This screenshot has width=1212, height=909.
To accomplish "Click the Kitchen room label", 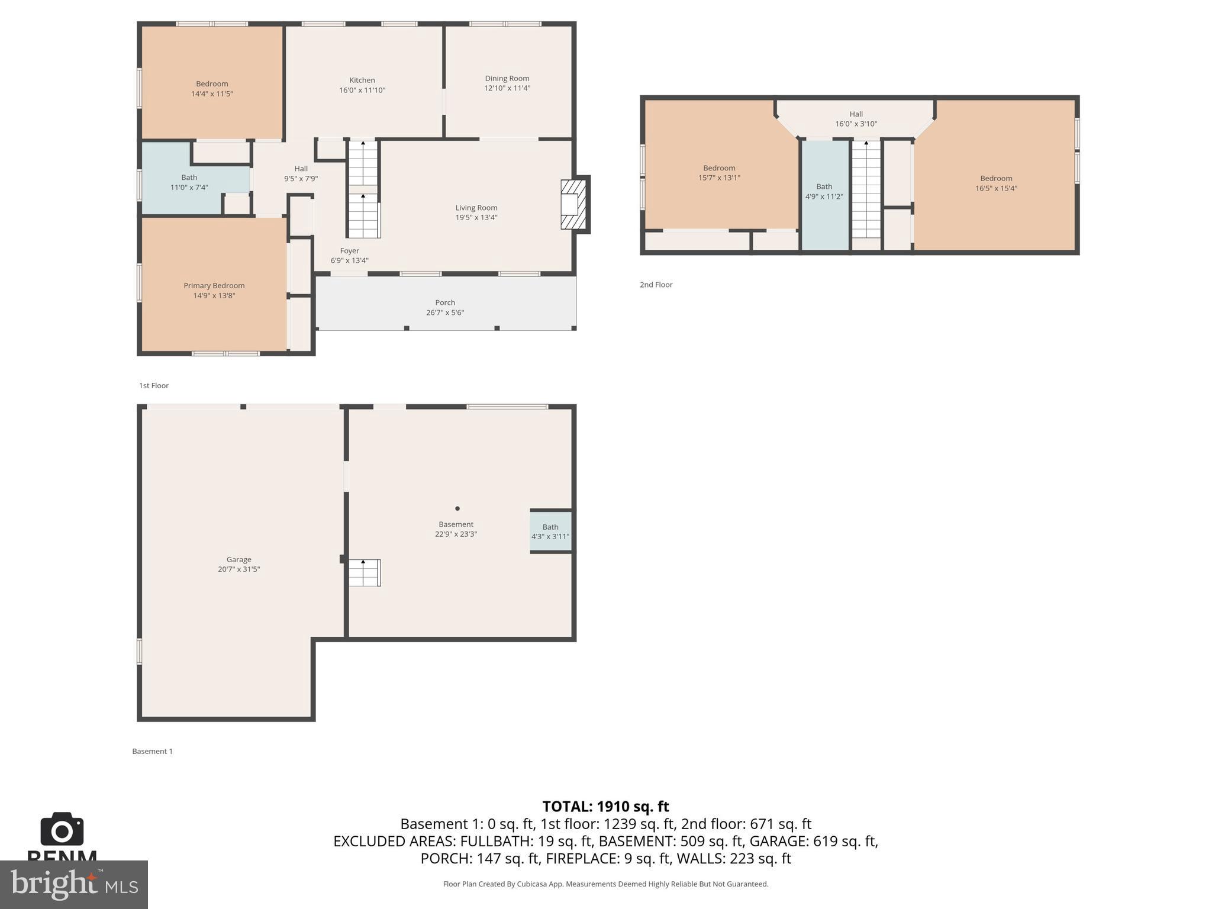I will pos(362,80).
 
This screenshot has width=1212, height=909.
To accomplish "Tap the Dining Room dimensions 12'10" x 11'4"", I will pos(507,88).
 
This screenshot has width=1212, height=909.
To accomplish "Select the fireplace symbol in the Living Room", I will pos(572,204).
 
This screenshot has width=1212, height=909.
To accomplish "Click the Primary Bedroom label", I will pos(214,285).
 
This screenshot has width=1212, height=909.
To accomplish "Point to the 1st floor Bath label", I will pos(189,177).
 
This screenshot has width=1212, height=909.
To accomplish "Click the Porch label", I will pos(445,302).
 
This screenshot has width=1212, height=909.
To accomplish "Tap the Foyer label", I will pos(349,250).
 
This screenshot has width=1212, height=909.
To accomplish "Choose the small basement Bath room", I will pos(550,531).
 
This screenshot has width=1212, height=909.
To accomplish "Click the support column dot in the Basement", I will pos(457,508).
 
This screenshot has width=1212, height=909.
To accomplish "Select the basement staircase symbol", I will pos(363,573).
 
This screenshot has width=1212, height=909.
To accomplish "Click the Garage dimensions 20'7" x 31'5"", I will pos(238,569).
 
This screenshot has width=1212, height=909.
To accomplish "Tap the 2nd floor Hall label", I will pos(856,114).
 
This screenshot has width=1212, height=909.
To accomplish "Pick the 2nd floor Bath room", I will pos(824,191).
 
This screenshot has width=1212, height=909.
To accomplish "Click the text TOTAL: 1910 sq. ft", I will pos(605,807).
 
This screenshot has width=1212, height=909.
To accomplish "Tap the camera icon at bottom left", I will pos(62,830).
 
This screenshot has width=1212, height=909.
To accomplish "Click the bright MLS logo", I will pos(74,884).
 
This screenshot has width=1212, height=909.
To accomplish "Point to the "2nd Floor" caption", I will pos(656,285).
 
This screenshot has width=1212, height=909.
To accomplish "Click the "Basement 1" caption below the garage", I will pos(152,751).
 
